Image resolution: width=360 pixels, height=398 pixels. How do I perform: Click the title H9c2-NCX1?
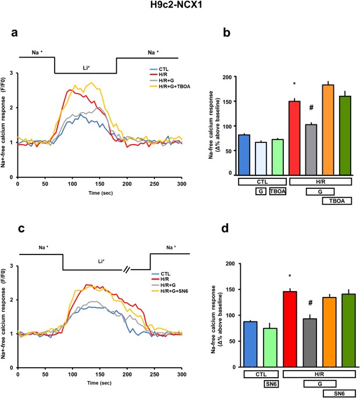[181, 8]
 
